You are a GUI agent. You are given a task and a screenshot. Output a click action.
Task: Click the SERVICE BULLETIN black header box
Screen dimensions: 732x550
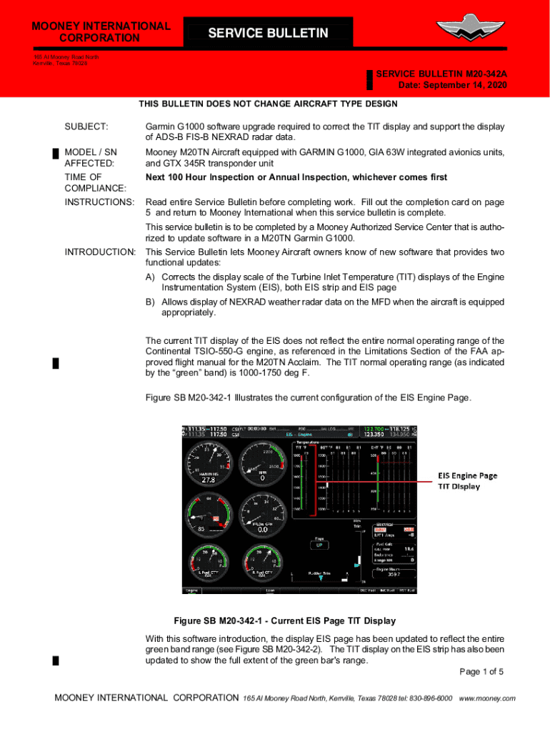coord(268,34)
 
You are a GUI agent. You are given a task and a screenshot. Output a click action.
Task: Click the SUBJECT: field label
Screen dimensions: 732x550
coord(86,127)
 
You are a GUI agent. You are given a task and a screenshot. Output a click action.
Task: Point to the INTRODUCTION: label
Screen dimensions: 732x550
coord(100,252)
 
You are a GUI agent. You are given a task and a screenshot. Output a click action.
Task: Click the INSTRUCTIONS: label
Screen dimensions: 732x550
coord(99,202)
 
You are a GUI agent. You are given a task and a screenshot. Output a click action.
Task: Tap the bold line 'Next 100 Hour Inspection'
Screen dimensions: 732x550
coord(296,177)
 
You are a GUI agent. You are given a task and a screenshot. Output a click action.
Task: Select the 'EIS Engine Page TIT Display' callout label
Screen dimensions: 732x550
coord(467,481)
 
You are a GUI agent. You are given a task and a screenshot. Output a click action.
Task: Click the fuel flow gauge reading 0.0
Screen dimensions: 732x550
coord(262,530)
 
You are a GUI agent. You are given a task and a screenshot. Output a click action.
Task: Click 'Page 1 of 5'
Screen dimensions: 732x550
coord(482,671)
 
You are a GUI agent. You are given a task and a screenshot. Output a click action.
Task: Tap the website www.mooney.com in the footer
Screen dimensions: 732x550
coord(487,698)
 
